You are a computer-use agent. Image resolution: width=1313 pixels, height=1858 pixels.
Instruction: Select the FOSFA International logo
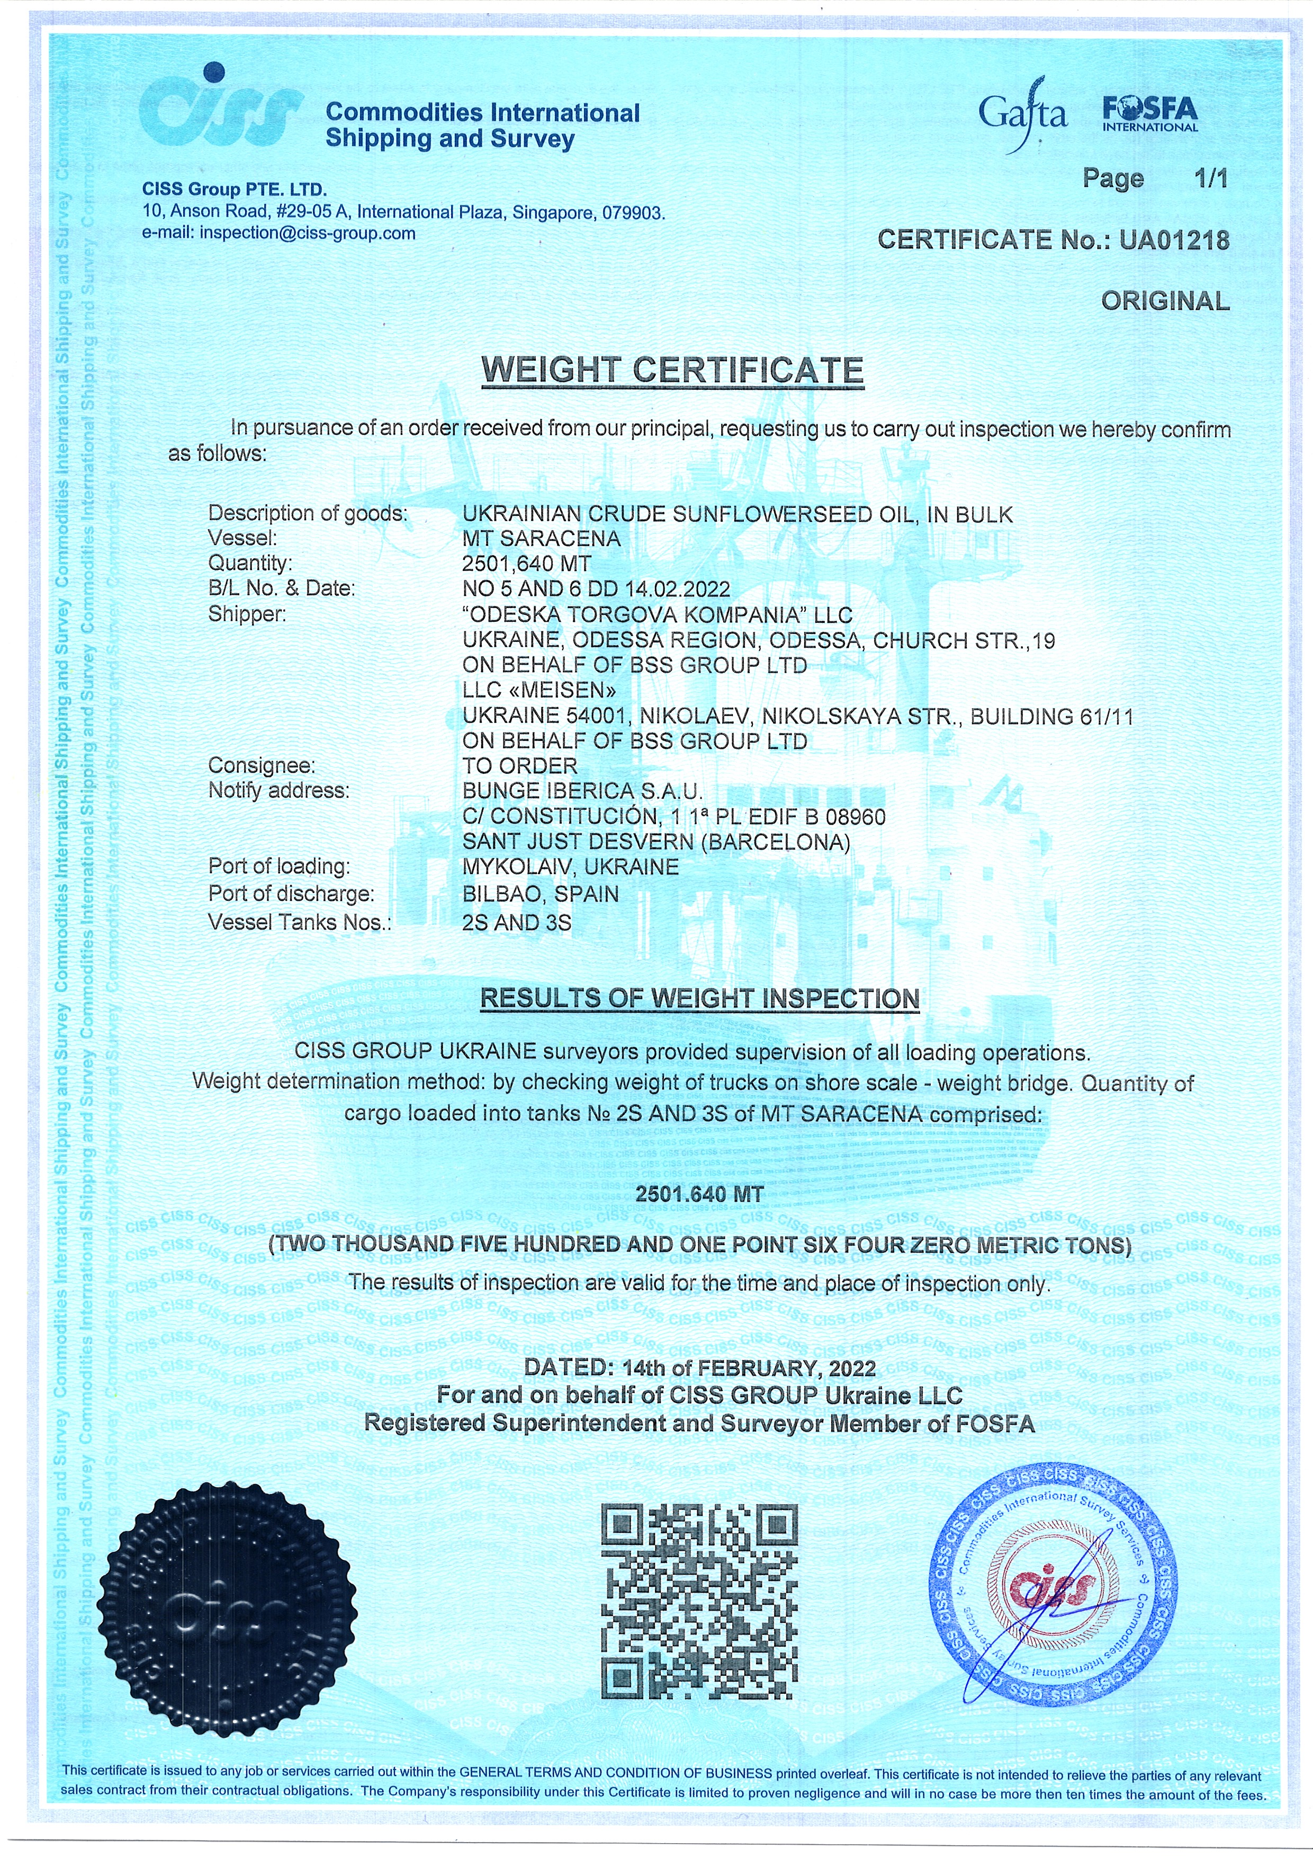pyautogui.click(x=1149, y=114)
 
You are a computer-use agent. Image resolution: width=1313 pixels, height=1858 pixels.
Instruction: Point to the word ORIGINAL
pyautogui.click(x=1165, y=301)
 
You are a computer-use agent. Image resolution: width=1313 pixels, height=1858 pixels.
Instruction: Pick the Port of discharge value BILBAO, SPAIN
pyautogui.click(x=541, y=894)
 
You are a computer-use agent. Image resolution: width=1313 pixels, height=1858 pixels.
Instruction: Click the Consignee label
pyautogui.click(x=262, y=765)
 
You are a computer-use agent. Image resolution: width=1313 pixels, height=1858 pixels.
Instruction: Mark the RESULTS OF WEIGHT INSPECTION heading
pyautogui.click(x=700, y=998)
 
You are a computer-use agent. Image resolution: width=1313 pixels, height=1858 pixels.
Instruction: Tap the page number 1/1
pyautogui.click(x=1211, y=178)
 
